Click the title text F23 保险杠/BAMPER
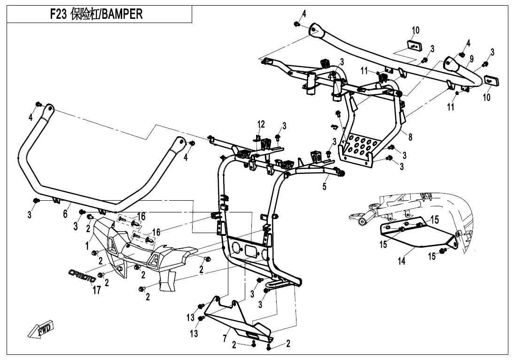(96, 15)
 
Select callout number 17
(96, 290)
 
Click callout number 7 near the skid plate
(226, 338)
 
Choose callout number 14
(401, 262)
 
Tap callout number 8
(410, 137)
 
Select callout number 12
(261, 124)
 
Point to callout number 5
(324, 186)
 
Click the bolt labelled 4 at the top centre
(297, 23)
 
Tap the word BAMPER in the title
(122, 15)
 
